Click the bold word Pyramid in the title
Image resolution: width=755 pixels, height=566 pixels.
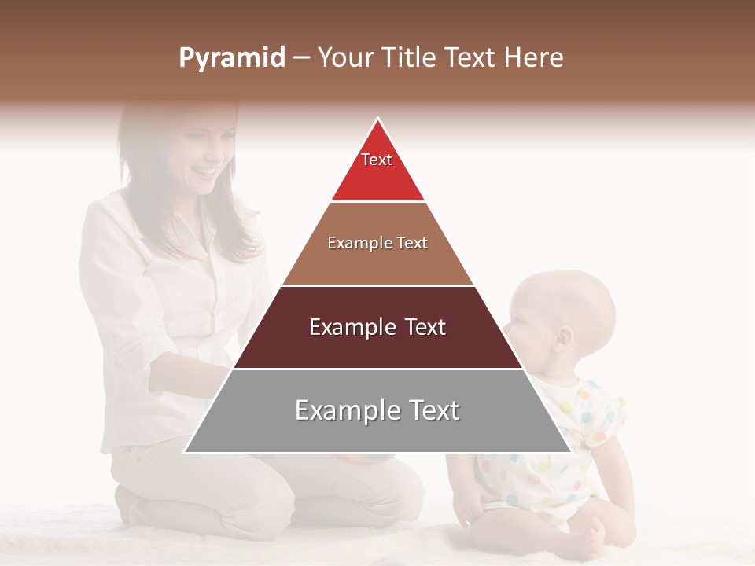click(231, 58)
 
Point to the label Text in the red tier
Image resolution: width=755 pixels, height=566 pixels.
click(377, 160)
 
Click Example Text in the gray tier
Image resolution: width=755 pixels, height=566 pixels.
click(377, 410)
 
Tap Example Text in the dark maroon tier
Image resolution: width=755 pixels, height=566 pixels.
click(377, 327)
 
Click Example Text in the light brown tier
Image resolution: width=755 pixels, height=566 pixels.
click(377, 243)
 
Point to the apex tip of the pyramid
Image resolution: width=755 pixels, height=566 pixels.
click(378, 120)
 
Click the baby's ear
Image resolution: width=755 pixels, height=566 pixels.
click(563, 339)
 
